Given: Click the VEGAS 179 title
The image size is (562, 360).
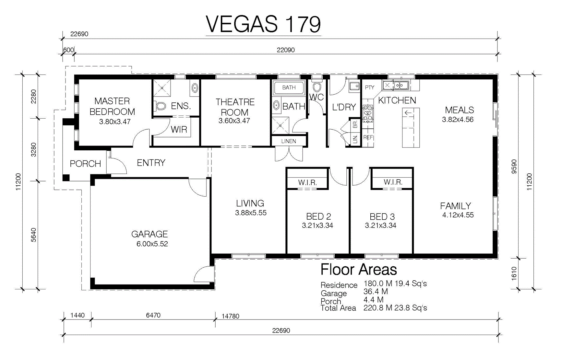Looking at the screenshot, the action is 263,24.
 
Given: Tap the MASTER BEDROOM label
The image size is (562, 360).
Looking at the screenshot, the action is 112,106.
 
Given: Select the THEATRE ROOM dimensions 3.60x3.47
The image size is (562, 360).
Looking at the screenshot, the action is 234,121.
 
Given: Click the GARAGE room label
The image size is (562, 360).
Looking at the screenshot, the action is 149,234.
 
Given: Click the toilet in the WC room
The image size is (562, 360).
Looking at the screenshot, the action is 317,86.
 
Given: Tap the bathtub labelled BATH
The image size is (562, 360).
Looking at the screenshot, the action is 289,87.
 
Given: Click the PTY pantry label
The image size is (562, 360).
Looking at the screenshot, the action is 369,87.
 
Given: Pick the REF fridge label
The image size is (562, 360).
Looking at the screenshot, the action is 368,137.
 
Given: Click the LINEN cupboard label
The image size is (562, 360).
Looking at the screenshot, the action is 289,141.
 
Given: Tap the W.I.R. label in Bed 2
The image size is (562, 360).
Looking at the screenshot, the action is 307,182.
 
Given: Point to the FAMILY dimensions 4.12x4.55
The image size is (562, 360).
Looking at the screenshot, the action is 458,215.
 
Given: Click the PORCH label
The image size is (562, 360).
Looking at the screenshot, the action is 86,164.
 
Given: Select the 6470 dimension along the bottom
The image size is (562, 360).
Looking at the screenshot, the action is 153,315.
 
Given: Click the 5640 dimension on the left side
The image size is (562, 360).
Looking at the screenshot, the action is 34,235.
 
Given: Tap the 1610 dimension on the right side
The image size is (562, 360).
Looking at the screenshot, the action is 514,273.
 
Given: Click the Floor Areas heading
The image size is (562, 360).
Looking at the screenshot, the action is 359,270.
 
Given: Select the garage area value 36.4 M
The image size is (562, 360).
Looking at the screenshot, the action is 376,292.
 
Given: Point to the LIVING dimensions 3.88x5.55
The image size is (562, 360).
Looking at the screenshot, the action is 251,213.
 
